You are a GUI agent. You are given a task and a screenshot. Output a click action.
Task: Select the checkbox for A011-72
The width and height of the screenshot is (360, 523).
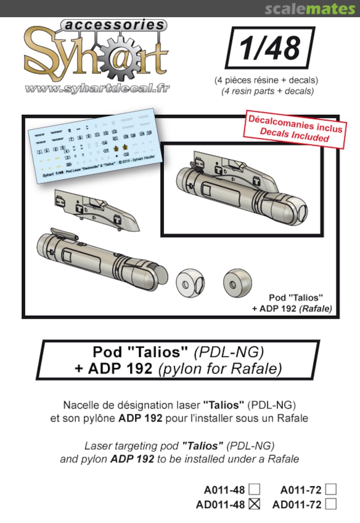click(x=331, y=490)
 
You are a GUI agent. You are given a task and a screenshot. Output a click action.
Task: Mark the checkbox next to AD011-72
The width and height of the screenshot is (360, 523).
click(x=331, y=504)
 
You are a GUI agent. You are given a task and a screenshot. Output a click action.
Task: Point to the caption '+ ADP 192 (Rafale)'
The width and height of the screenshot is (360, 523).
click(x=292, y=308)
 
